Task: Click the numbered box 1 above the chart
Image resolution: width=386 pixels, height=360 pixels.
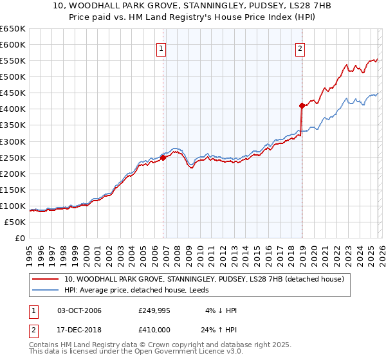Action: pos(160,48)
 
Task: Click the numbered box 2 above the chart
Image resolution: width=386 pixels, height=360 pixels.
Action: pos(300,48)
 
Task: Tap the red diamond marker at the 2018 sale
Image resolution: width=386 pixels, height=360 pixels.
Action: pos(302,105)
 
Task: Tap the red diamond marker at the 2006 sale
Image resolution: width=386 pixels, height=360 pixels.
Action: pos(163,157)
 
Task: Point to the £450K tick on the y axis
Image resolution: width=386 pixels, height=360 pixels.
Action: pos(13,93)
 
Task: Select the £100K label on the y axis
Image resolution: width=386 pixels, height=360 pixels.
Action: pos(13,206)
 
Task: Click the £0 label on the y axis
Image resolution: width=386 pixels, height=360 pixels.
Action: pos(19,239)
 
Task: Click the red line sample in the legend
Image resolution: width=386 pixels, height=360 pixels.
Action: pos(46,279)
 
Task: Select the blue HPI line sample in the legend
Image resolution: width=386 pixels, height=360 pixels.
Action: pos(46,290)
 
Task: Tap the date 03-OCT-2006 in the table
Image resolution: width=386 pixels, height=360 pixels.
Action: pos(79,310)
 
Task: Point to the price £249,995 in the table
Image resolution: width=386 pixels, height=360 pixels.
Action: pos(156,310)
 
